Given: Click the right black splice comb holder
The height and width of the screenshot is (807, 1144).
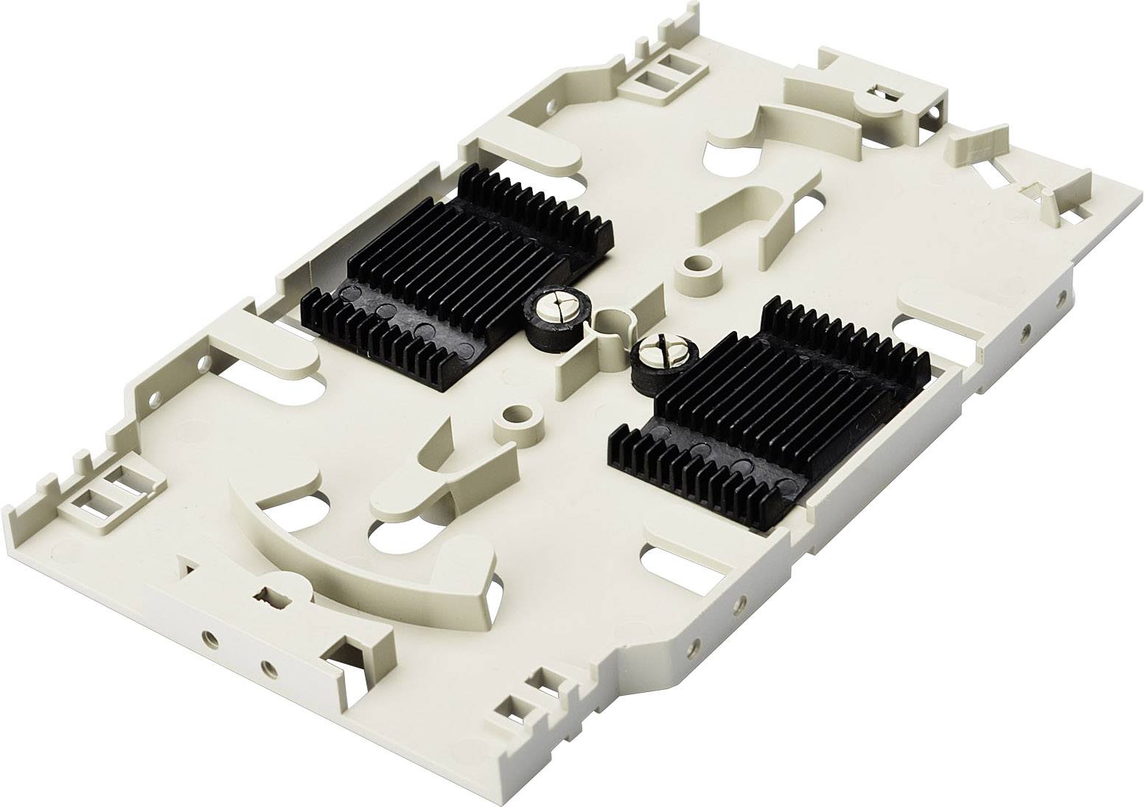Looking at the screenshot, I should click(767, 405).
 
